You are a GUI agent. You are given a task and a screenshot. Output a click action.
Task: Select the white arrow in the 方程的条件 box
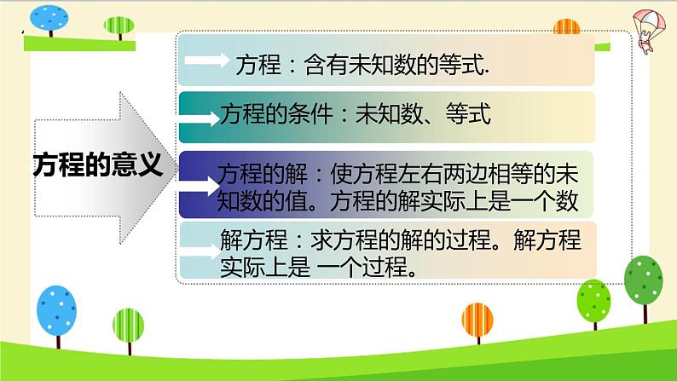tap(202, 113)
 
